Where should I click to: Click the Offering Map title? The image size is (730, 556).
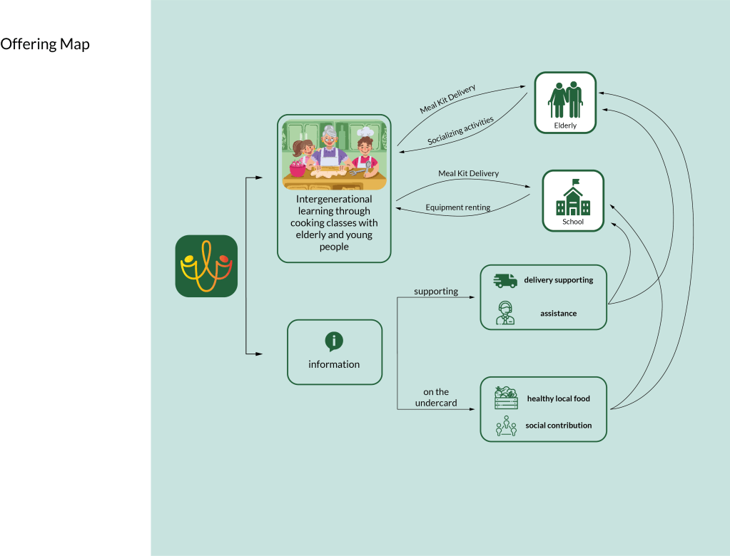coord(45,44)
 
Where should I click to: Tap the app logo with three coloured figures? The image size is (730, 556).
coord(206,266)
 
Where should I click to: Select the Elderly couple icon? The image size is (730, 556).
coord(565,99)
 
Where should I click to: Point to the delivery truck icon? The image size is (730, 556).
coord(505,281)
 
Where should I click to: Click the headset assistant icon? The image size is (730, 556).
coord(505,313)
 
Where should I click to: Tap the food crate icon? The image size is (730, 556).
coord(506,398)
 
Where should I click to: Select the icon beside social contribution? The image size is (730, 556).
coord(506,426)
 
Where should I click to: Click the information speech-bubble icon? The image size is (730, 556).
coord(334,341)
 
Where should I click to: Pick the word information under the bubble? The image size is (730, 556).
coord(334,364)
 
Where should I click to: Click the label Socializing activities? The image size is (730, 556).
coord(460,132)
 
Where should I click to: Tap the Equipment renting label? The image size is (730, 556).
coord(458,207)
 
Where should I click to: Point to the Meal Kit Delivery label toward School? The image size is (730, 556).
coord(468,174)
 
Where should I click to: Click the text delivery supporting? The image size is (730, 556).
coord(559,280)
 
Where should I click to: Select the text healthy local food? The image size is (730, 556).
coord(559,398)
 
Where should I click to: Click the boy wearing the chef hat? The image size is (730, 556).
coord(365,150)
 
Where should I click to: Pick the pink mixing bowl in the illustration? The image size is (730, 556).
coord(297,168)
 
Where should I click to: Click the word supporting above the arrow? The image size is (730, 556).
coord(436,292)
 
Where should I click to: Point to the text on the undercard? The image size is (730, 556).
coord(436,398)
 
